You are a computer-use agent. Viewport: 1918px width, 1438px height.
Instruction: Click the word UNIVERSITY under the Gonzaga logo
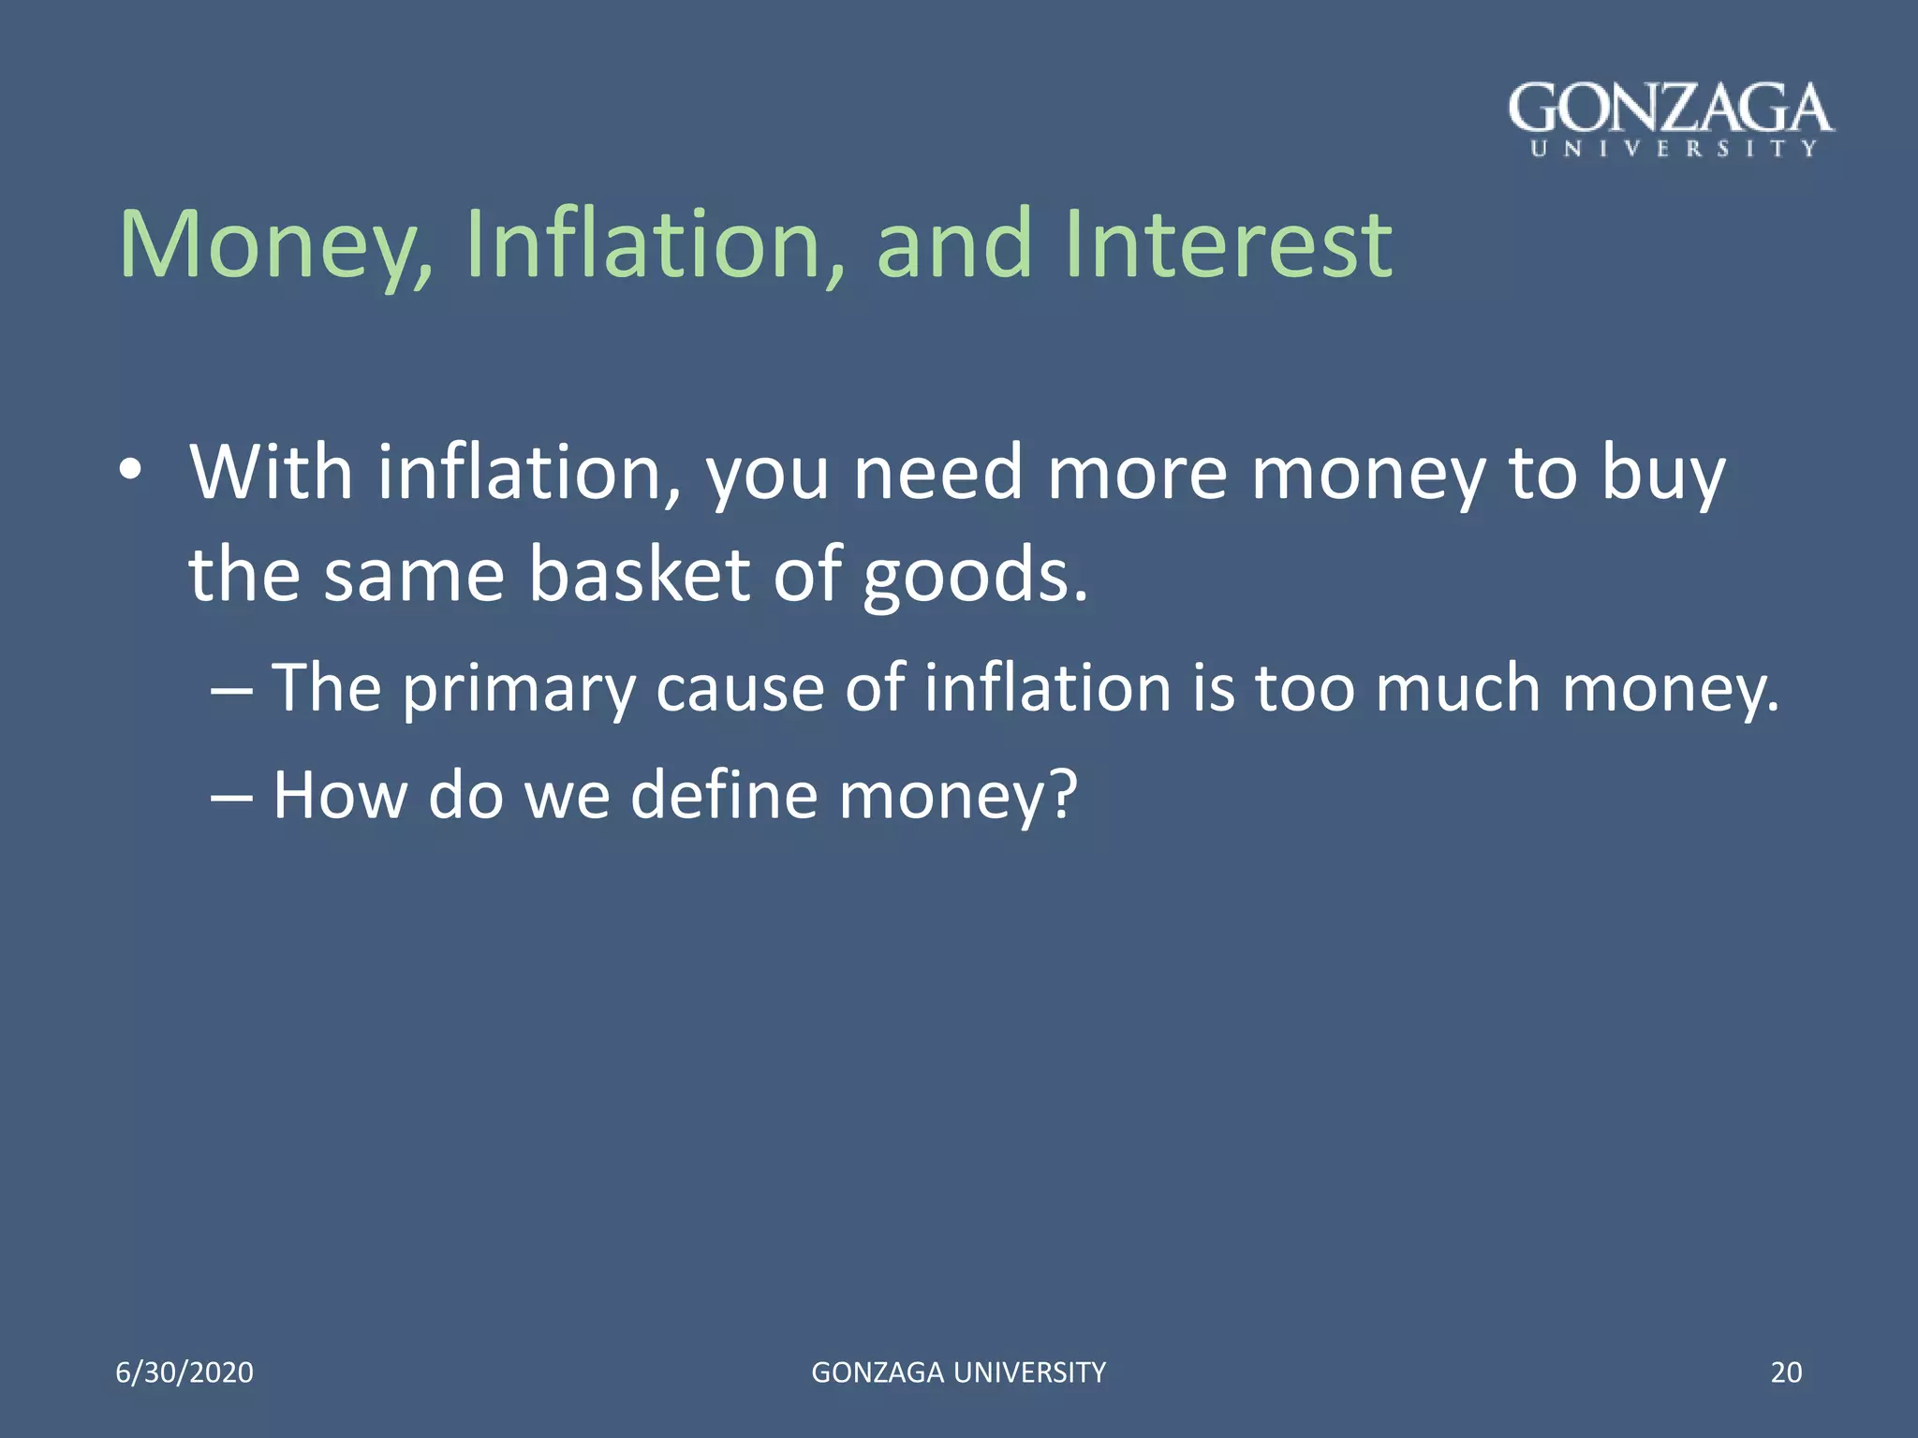(x=1674, y=149)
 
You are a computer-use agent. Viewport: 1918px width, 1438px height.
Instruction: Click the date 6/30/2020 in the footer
(x=184, y=1372)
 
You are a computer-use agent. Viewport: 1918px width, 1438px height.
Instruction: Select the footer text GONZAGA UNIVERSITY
(x=958, y=1372)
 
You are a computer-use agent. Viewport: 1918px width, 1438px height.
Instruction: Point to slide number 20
(x=1786, y=1372)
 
